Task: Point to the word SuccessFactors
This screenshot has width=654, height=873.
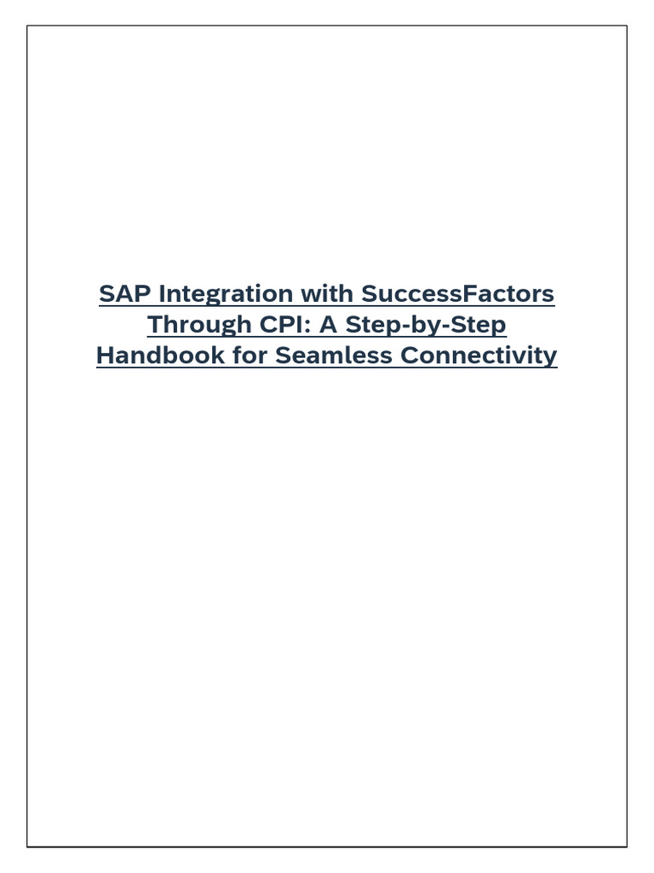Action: point(458,294)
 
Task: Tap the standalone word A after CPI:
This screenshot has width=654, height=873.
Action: point(327,325)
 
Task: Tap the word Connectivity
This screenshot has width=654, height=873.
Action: point(479,356)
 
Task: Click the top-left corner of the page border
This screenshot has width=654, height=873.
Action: point(27,26)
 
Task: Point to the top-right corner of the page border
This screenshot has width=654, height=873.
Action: point(627,26)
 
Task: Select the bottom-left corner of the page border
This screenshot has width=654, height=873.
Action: point(27,846)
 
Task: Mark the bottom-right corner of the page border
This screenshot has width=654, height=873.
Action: point(627,846)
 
